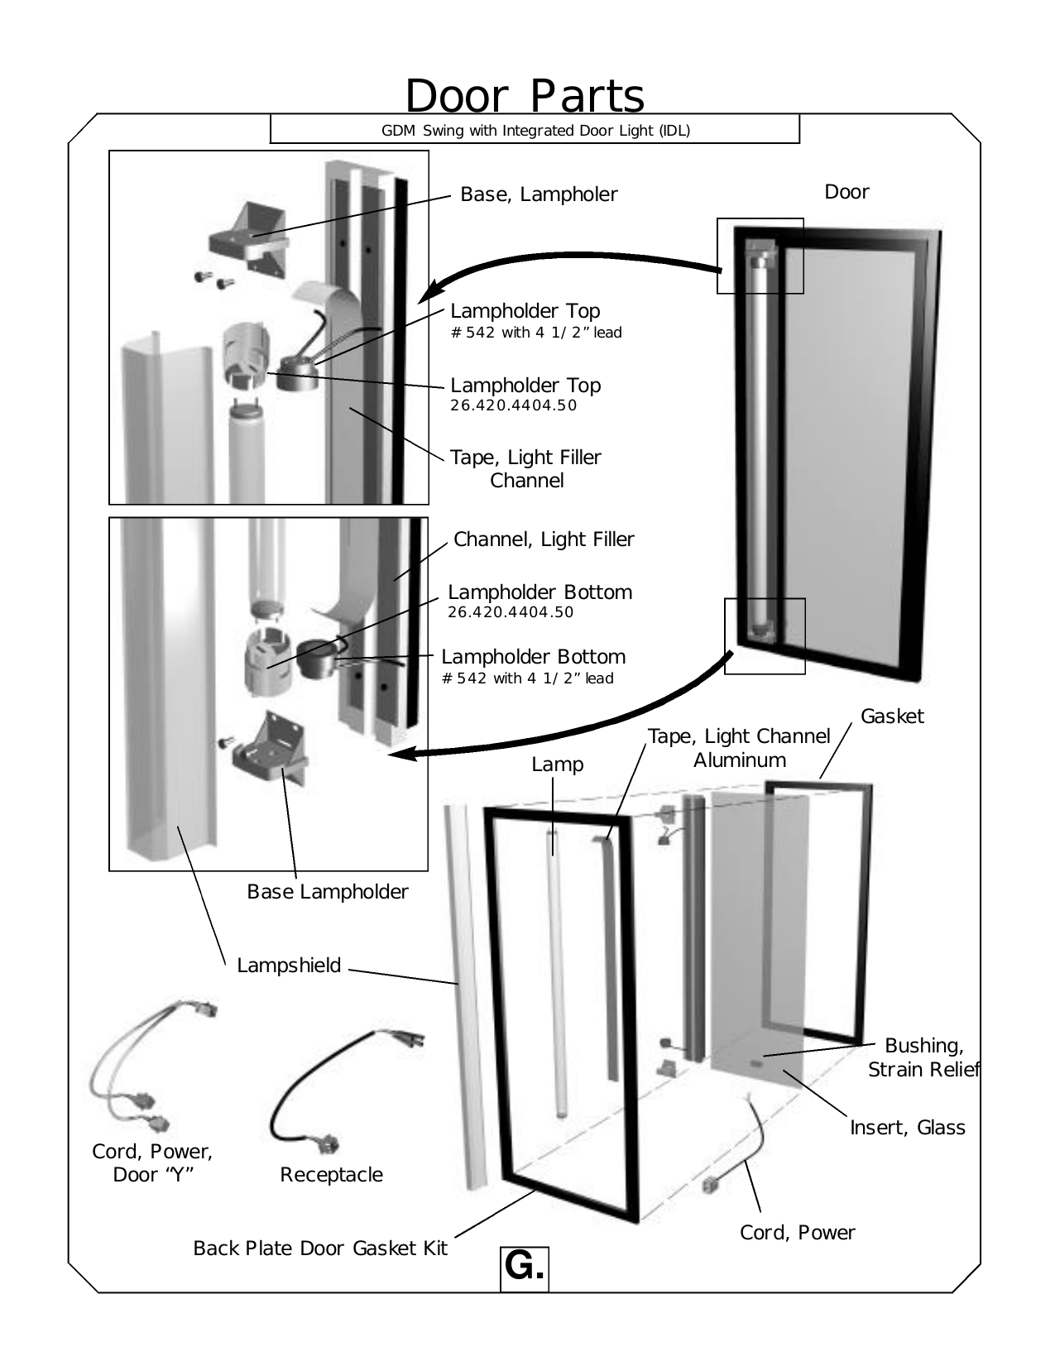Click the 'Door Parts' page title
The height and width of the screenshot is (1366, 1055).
click(525, 96)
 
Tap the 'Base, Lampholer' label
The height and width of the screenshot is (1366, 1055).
click(539, 194)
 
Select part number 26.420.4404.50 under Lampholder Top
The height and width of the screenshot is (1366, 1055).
click(513, 406)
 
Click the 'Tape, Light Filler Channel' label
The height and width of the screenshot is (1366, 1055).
click(525, 468)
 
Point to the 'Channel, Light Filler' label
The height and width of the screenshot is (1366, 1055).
click(544, 539)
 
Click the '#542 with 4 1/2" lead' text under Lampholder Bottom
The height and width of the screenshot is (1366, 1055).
click(528, 678)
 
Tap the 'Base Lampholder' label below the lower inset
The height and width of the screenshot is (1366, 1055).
click(328, 892)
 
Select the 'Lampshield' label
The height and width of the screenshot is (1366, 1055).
click(289, 966)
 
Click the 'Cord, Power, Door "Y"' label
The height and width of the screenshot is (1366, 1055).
click(152, 1162)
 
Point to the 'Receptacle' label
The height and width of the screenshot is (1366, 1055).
click(331, 1175)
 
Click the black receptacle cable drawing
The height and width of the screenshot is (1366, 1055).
click(285, 1092)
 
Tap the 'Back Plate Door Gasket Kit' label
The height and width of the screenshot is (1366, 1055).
click(320, 1249)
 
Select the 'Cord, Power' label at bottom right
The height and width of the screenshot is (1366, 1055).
click(797, 1233)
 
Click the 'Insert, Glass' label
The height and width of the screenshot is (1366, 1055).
click(908, 1128)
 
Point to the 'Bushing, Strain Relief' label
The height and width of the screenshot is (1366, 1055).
click(923, 1057)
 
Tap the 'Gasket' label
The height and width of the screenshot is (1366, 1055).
click(892, 717)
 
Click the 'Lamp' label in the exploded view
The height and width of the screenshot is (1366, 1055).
click(558, 764)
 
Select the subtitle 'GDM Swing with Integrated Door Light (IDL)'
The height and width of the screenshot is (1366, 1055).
click(535, 130)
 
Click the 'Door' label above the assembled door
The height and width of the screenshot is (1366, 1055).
click(846, 192)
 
